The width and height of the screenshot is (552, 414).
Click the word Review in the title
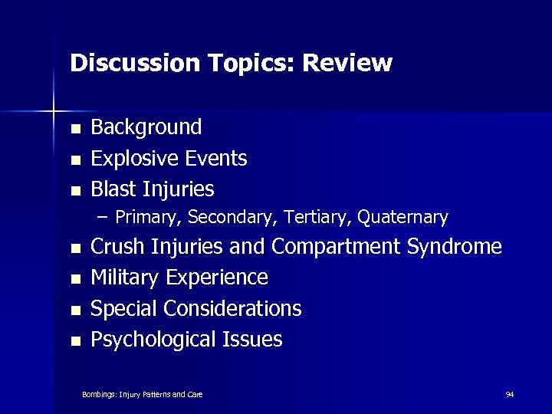tap(347, 63)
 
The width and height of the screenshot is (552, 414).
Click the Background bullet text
tap(146, 127)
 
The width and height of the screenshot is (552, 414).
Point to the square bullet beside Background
tap(74, 128)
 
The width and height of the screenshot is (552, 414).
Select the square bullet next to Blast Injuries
tap(74, 189)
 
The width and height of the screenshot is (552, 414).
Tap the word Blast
tap(113, 189)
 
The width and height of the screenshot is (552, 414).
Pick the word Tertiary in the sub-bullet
tap(320, 218)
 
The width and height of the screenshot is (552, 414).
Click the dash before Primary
tap(103, 218)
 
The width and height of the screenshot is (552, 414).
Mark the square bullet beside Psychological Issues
tap(74, 340)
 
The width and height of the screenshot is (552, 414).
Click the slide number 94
tap(510, 394)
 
